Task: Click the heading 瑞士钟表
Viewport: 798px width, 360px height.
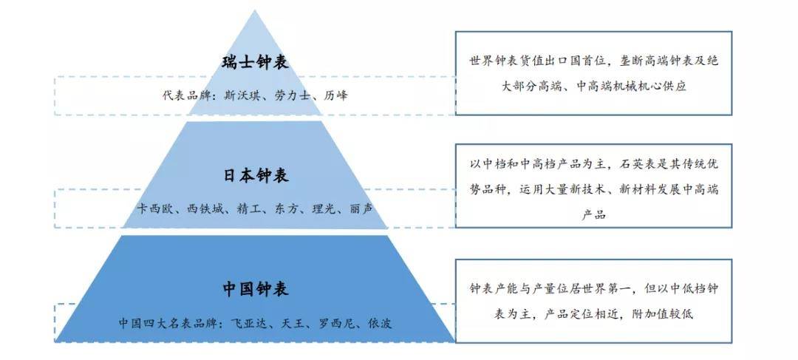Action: (256, 62)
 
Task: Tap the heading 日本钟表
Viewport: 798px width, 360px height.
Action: (256, 176)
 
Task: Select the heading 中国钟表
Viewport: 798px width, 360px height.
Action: (256, 289)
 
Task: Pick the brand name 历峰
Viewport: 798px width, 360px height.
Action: (335, 95)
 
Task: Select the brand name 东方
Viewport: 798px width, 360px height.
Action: (287, 208)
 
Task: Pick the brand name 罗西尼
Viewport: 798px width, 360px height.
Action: (336, 323)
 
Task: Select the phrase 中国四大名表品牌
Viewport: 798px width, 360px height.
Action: (168, 323)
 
